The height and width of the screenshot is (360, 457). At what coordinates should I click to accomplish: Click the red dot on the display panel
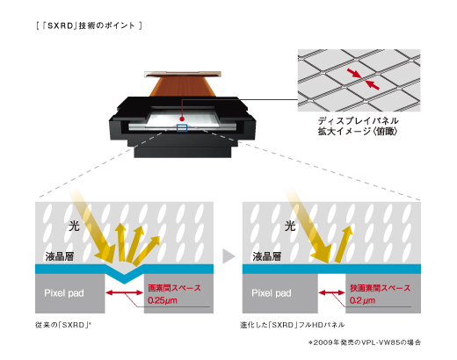pos(182,115)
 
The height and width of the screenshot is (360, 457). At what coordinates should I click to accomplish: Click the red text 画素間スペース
pos(177,286)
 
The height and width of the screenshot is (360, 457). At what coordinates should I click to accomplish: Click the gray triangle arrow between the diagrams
pos(228,256)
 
